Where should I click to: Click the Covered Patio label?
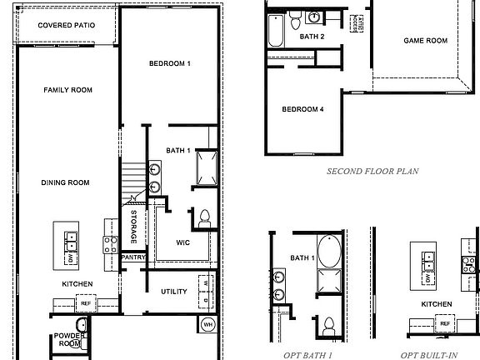point(66,26)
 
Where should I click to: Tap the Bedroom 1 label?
point(170,64)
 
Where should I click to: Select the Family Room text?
point(67,90)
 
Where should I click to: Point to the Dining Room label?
point(66,182)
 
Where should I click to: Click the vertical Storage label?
point(133,227)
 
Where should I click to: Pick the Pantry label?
point(133,257)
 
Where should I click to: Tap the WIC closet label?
point(183,242)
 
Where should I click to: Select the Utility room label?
point(173,291)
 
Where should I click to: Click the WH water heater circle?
point(208,323)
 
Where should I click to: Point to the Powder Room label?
point(69,339)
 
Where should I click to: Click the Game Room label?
point(426,40)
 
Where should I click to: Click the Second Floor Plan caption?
point(372,172)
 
